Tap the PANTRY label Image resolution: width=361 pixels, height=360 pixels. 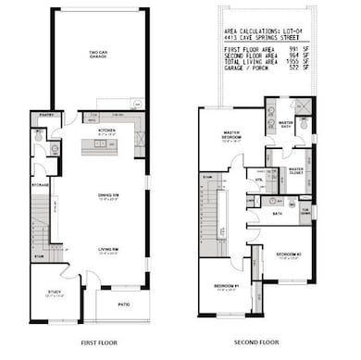tap(44, 115)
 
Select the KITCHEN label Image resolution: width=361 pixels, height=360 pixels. tap(107, 130)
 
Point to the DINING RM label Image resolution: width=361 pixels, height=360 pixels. tap(108, 194)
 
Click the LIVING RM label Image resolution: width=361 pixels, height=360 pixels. tap(108, 249)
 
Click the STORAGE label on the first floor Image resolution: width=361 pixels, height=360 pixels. tap(40, 183)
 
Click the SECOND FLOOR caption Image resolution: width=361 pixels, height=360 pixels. tap(255, 342)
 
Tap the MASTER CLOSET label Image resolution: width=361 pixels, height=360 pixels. tap(295, 170)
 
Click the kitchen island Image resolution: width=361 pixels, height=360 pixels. tap(106, 146)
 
